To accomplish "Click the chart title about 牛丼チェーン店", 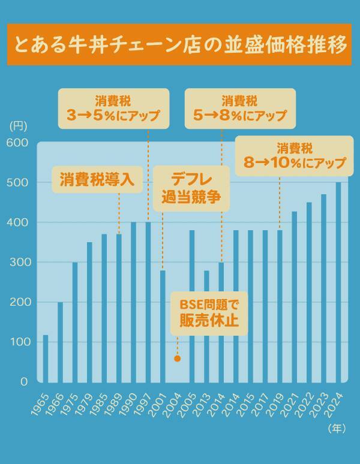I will pyautogui.click(x=179, y=45).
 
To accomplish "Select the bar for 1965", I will pyautogui.click(x=46, y=358).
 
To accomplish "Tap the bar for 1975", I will pyautogui.click(x=75, y=322).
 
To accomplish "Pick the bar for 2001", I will pyautogui.click(x=163, y=326).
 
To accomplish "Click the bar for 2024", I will pyautogui.click(x=338, y=282).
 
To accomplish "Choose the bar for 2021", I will pyautogui.click(x=295, y=296).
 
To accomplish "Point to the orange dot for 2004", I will pyautogui.click(x=177, y=358).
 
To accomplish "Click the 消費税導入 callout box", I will pyautogui.click(x=96, y=179).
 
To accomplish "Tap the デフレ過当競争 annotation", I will pyautogui.click(x=191, y=188).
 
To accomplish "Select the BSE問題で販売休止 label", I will pyautogui.click(x=209, y=314).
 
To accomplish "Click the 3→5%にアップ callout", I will pyautogui.click(x=113, y=109).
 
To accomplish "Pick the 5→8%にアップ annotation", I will pyautogui.click(x=240, y=109).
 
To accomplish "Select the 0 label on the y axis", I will pyautogui.click(x=24, y=382).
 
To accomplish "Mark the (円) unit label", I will pyautogui.click(x=18, y=126).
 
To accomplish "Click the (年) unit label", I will pyautogui.click(x=337, y=429).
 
